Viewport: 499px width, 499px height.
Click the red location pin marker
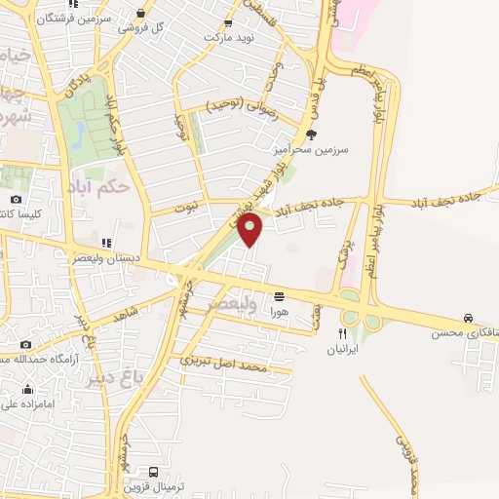pos(251,230)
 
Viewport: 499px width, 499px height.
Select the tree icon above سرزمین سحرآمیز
pos(311,135)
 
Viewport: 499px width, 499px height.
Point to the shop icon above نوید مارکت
pos(228,22)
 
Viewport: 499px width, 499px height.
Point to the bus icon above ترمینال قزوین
pos(153,473)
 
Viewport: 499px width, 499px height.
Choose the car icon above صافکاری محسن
pos(469,319)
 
